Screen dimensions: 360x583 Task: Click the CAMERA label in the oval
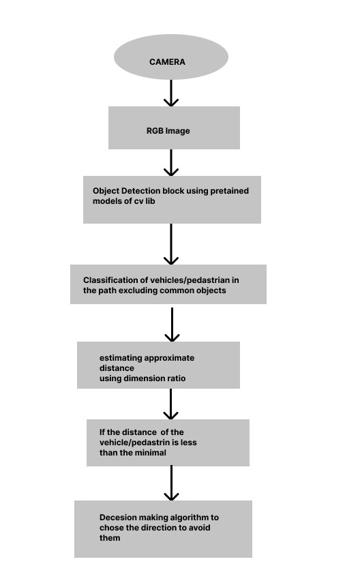(167, 62)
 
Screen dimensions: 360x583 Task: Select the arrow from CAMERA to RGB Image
(171, 93)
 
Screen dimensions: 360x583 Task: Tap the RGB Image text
(168, 131)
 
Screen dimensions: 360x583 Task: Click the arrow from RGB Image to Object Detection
(171, 162)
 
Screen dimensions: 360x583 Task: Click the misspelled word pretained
(230, 191)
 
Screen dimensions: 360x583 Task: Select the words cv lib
(145, 201)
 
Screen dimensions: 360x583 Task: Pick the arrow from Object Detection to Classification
(171, 244)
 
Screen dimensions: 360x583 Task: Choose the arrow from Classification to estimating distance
(172, 325)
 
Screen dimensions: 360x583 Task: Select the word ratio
(177, 378)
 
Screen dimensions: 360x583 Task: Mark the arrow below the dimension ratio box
(170, 404)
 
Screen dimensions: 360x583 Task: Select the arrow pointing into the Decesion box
(171, 483)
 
